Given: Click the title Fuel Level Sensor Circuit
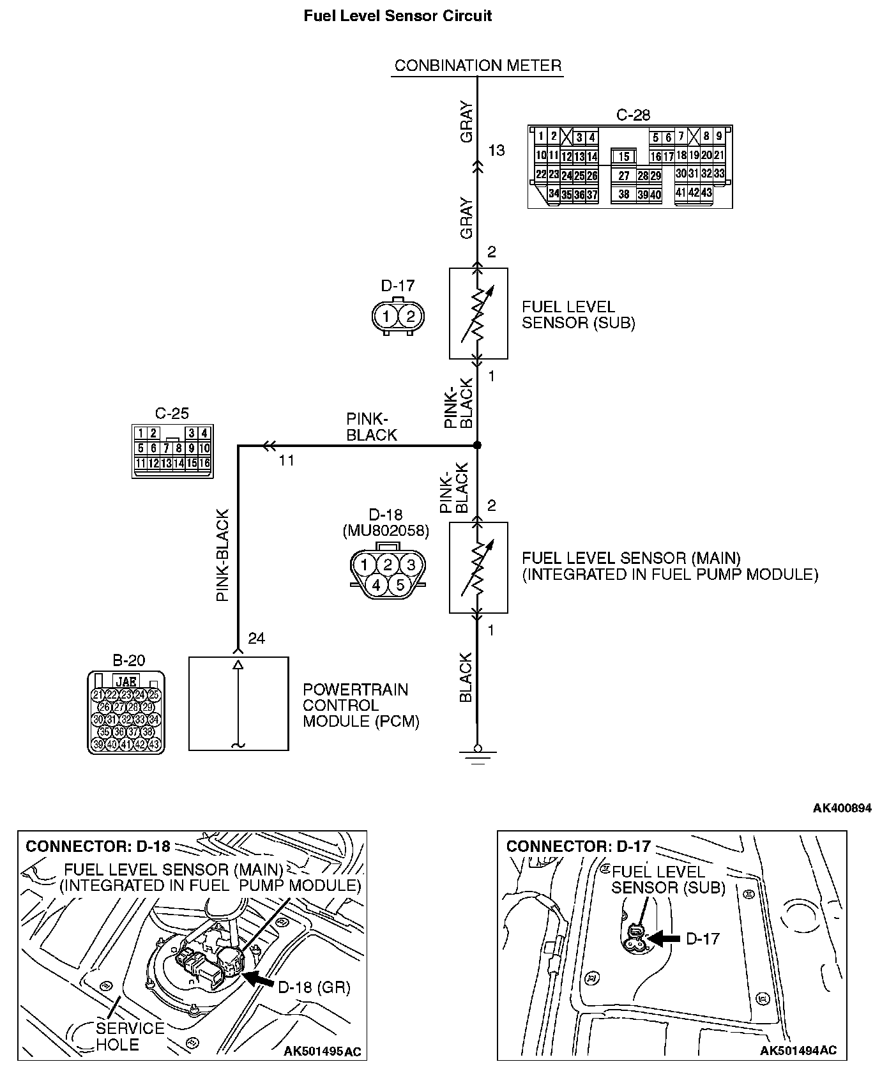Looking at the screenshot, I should click(x=397, y=16).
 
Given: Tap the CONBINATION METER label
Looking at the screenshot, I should click(x=478, y=65).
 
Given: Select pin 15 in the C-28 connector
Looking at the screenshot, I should click(x=624, y=156).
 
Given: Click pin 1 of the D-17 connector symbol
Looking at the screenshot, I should click(x=386, y=316).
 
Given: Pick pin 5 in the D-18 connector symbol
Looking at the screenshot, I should click(x=399, y=585).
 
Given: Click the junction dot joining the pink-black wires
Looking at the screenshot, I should click(x=477, y=445).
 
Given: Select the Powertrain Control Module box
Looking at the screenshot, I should click(x=238, y=703).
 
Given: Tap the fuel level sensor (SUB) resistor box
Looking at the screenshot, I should click(x=478, y=314).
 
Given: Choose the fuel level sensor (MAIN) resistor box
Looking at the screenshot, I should click(x=478, y=568).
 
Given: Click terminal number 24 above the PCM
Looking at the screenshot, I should click(x=256, y=639).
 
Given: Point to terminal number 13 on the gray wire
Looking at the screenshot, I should click(x=496, y=151).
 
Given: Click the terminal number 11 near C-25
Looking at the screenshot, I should click(x=286, y=460).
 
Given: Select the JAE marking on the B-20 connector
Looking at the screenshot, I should click(x=126, y=681).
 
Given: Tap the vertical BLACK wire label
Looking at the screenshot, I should click(x=466, y=678).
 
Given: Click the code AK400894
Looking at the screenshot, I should click(x=842, y=808).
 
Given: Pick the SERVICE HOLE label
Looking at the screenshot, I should click(x=130, y=1036).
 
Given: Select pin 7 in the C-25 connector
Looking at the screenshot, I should click(x=166, y=448).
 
